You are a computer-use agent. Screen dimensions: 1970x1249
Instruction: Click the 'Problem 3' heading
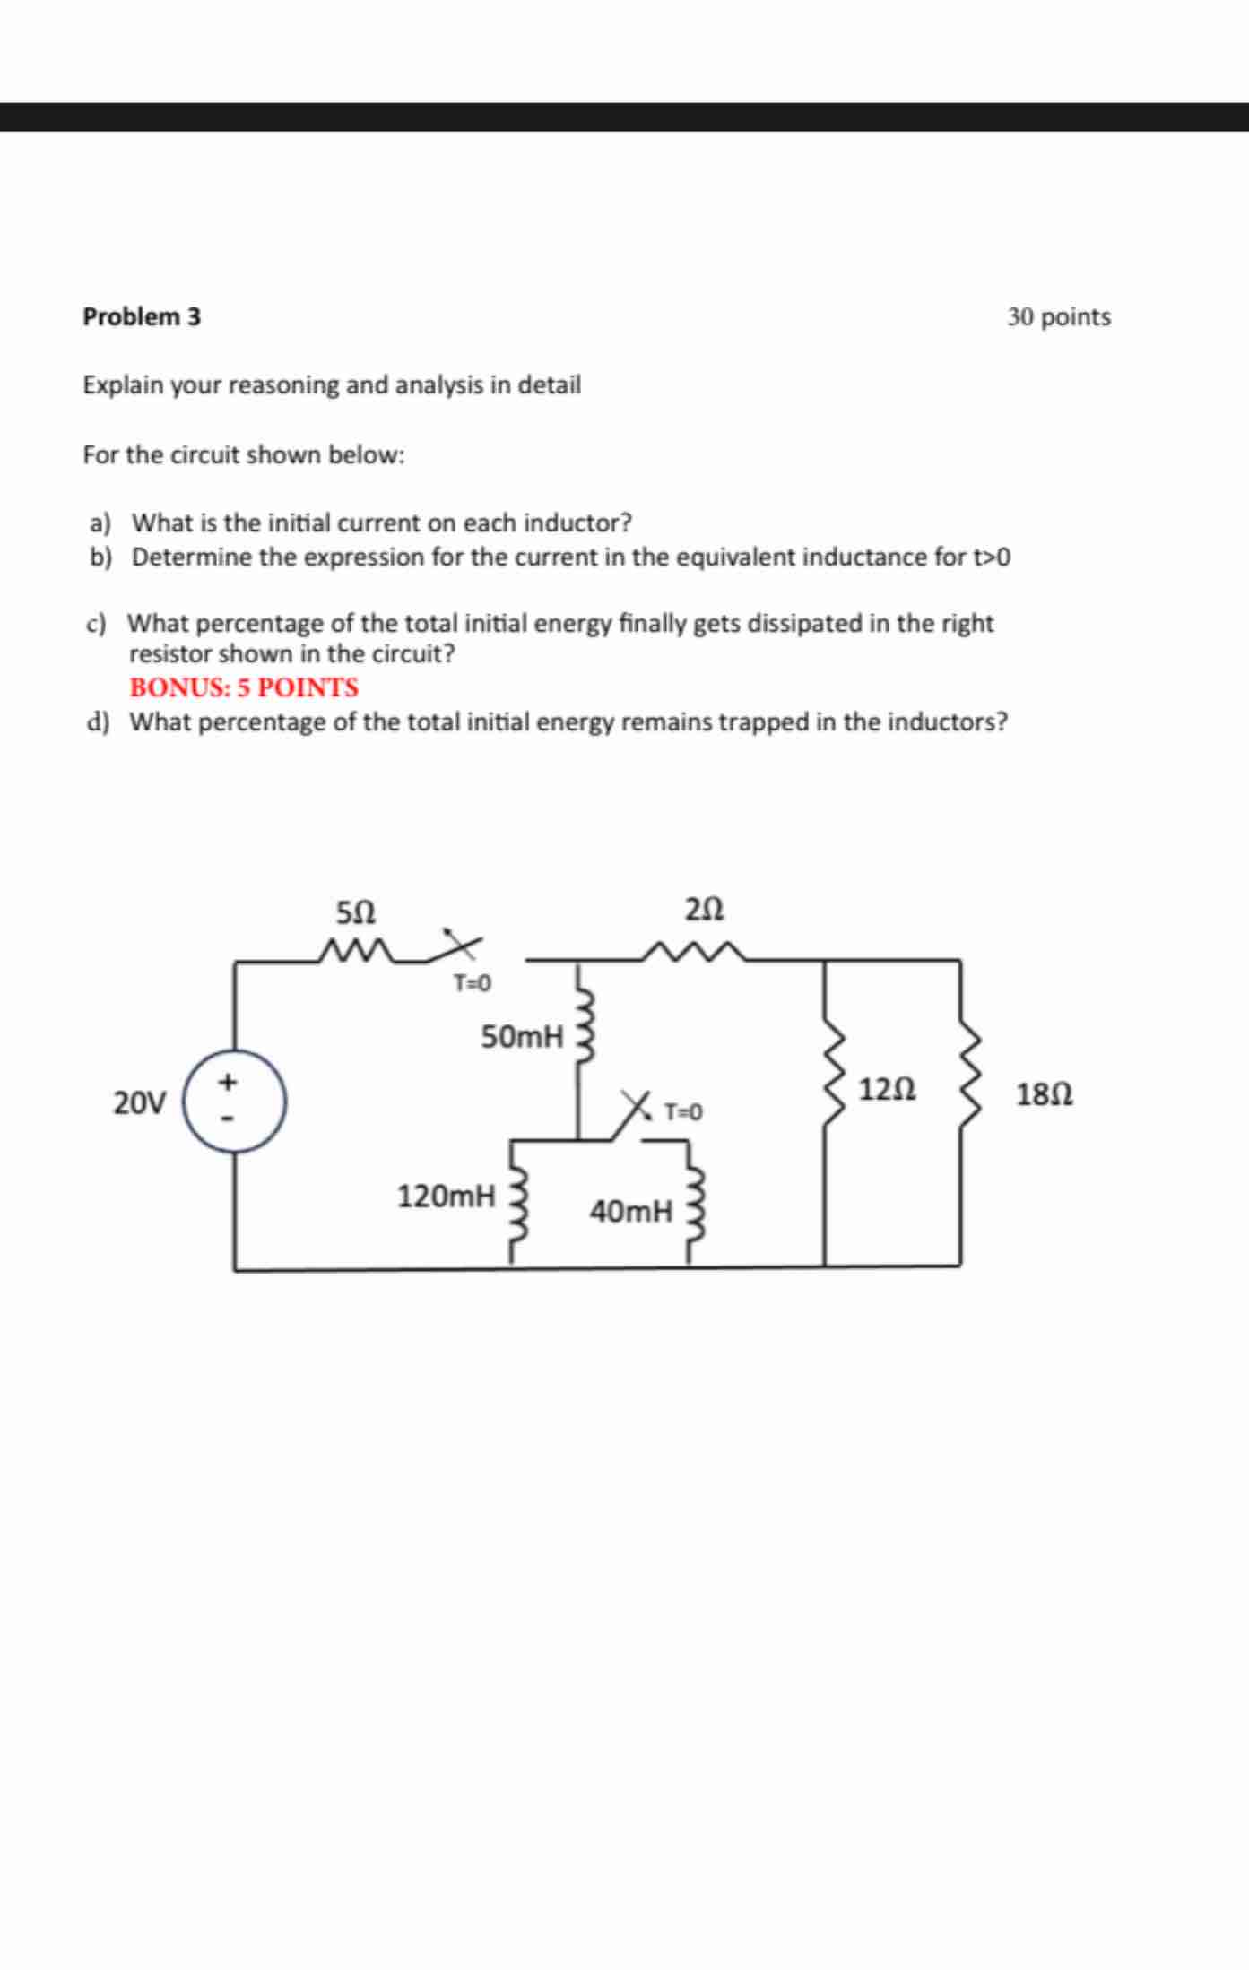click(142, 317)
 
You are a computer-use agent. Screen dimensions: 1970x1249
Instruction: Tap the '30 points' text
click(1058, 317)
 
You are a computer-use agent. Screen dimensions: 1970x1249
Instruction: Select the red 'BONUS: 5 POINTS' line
click(244, 687)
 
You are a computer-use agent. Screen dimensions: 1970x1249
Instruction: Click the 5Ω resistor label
click(356, 912)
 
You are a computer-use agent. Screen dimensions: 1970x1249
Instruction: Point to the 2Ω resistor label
click(704, 911)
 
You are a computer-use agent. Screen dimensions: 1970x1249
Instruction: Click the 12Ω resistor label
click(887, 1090)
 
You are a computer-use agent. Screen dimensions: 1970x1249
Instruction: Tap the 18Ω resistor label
click(1045, 1094)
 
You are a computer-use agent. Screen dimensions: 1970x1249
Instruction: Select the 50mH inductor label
click(522, 1038)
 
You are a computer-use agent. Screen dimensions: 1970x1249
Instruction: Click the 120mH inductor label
click(446, 1196)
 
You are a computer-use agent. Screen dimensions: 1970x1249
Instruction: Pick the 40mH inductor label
click(630, 1212)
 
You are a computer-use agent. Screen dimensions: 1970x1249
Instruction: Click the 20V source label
click(139, 1102)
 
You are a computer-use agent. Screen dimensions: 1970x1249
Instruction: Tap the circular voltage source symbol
click(235, 1102)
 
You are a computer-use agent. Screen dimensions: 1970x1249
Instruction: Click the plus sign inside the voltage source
click(229, 1083)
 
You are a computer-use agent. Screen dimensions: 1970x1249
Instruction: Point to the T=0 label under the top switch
click(472, 984)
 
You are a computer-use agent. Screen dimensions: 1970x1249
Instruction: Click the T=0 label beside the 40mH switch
click(683, 1112)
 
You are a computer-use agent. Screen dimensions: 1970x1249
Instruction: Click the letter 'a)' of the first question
click(100, 523)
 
